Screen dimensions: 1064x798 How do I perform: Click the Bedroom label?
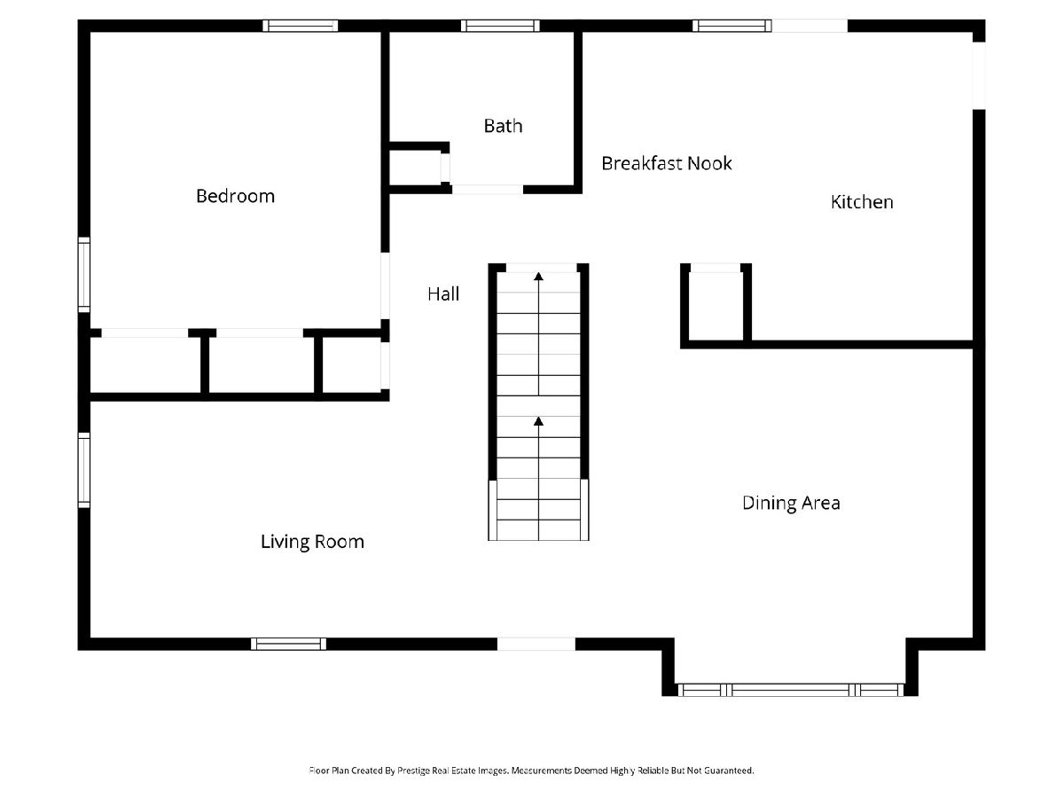click(235, 196)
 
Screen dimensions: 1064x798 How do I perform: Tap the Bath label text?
click(503, 126)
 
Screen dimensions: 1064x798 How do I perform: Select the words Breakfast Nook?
click(666, 163)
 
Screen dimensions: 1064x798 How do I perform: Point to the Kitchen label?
click(861, 202)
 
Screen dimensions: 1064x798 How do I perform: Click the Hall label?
click(443, 293)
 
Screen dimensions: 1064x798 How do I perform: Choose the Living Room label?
click(312, 542)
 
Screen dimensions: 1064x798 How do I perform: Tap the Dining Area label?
click(791, 503)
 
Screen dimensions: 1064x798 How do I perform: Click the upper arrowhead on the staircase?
click(538, 276)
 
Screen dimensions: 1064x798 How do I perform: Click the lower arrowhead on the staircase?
click(538, 421)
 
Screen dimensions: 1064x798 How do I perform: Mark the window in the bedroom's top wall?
click(300, 26)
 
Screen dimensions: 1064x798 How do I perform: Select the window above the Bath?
click(500, 26)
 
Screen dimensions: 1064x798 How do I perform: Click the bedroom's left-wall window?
click(84, 275)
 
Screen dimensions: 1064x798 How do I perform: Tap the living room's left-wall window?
click(84, 470)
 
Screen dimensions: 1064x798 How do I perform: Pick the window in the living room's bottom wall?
click(288, 644)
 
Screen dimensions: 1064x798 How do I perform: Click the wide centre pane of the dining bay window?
click(790, 690)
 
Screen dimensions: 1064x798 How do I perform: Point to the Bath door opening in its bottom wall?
click(487, 190)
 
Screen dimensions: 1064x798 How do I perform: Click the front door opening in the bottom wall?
click(536, 644)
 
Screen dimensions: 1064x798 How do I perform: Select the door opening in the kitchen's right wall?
click(979, 75)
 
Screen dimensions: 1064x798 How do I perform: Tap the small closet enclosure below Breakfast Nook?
click(716, 306)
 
